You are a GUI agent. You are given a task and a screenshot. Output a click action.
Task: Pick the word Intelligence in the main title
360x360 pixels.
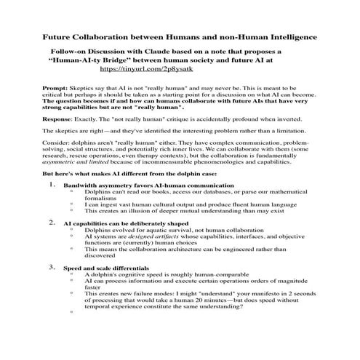(289, 36)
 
